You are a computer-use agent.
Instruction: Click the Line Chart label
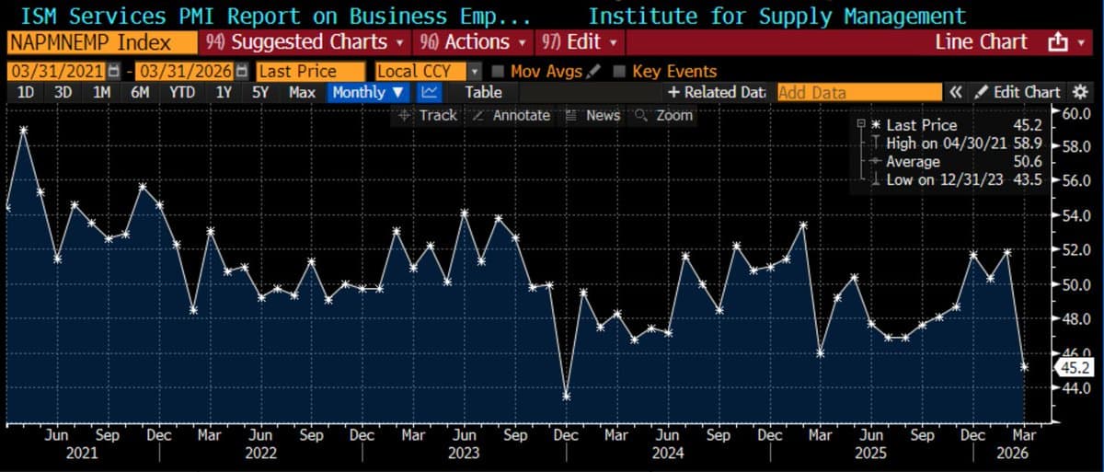coord(981,42)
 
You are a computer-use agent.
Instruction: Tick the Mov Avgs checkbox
coord(499,71)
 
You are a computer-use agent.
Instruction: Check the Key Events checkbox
coord(619,71)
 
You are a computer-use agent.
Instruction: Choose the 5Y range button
coord(260,92)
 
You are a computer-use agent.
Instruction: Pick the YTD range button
coord(182,92)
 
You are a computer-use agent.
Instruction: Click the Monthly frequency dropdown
coord(368,92)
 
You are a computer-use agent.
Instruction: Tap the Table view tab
coord(483,92)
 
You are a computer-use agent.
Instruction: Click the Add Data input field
coord(859,92)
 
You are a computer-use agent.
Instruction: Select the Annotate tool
coord(512,115)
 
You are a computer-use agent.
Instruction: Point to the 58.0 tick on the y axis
coord(1075,146)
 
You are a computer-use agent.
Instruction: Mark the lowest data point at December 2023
coord(567,396)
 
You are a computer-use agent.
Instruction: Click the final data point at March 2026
coord(1025,366)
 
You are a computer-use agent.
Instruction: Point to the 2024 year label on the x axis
coord(667,454)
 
